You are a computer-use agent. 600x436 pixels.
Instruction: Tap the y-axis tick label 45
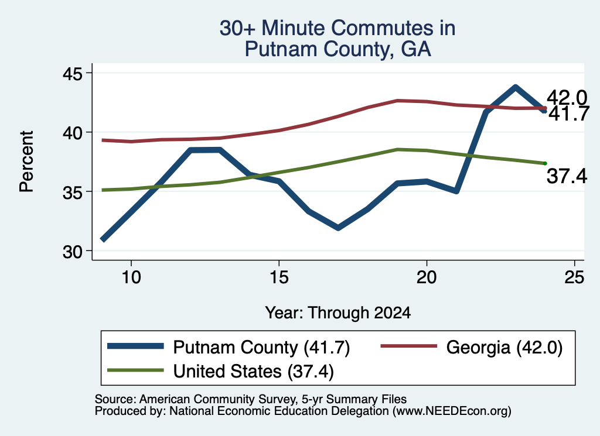point(72,73)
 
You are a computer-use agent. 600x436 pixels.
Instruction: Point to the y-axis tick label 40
point(72,133)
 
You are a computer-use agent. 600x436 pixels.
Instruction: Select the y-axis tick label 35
point(72,192)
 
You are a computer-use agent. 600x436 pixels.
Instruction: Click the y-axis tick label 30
point(72,252)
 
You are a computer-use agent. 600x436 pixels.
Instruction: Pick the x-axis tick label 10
point(131,277)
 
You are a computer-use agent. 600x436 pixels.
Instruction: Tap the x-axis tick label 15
point(279,277)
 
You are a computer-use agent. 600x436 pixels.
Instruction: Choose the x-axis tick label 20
point(427,277)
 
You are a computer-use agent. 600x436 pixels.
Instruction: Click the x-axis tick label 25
point(574,277)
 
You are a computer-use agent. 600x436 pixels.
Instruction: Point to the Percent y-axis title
point(26,162)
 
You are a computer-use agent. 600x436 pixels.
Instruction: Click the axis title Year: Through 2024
point(338,313)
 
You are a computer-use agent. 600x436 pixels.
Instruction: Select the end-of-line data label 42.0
point(567,98)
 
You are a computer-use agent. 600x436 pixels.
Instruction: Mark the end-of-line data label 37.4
point(567,176)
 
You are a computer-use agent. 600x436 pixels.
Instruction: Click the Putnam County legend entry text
point(261,348)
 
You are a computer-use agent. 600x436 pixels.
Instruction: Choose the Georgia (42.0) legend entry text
point(504,348)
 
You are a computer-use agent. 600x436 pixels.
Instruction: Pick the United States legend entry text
point(253,371)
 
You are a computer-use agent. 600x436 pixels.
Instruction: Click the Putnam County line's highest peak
point(516,88)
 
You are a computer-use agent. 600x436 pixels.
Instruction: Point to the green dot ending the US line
point(545,163)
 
